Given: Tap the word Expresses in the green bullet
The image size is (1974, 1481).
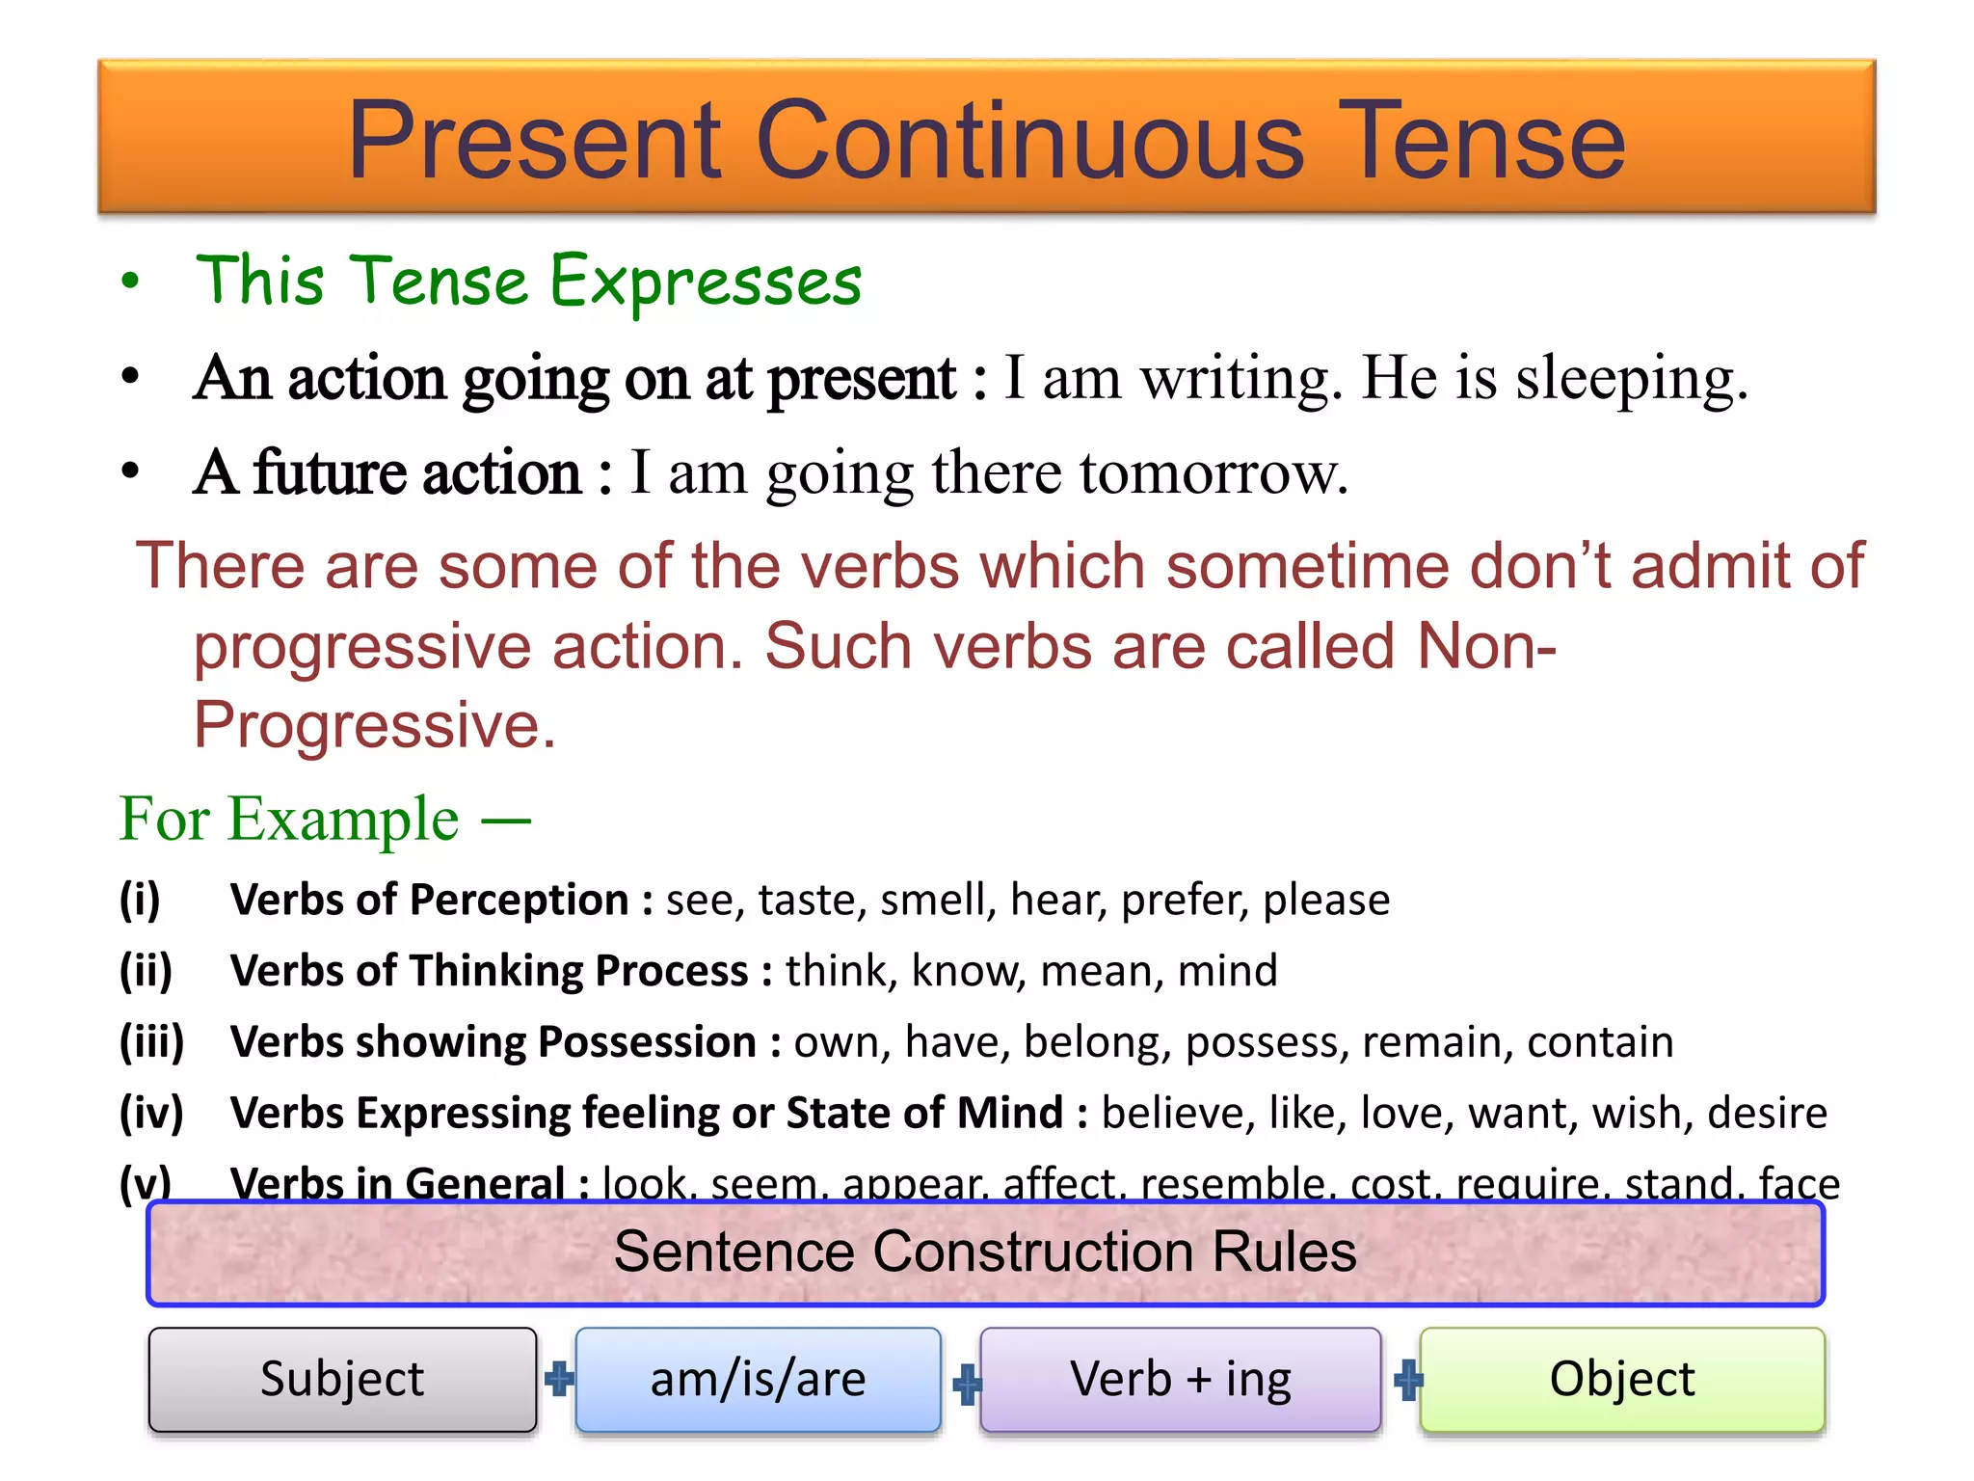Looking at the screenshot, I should (x=706, y=282).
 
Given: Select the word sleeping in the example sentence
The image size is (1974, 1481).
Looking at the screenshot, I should (x=1631, y=378).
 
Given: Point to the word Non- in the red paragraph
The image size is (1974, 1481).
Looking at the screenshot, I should (x=1487, y=645).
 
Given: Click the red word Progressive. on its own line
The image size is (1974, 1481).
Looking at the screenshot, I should (x=375, y=725).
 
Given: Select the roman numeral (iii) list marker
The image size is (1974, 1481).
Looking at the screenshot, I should (x=151, y=1041).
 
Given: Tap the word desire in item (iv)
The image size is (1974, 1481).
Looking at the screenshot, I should (x=1767, y=1113).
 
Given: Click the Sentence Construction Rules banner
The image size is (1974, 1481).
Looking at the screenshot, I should (x=985, y=1252).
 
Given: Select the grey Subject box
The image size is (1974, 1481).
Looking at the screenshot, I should (x=342, y=1379).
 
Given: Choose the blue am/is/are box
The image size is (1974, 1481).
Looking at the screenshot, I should (x=758, y=1379).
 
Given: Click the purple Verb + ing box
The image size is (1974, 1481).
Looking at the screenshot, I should (x=1180, y=1379).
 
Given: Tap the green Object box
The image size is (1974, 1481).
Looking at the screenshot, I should (x=1622, y=1379).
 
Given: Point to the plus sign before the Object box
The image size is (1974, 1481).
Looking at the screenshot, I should (x=1408, y=1380).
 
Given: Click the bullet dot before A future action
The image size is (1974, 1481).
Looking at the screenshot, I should (x=131, y=471).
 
